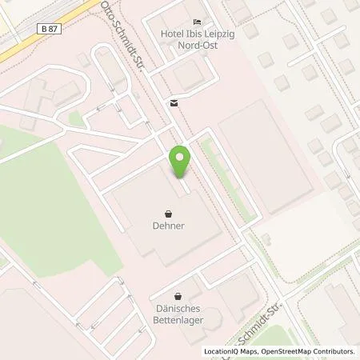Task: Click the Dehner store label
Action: (x=168, y=226)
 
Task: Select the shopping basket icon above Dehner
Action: (x=168, y=214)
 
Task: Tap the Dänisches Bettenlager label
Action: (x=178, y=313)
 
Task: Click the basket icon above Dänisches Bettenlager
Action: (x=178, y=295)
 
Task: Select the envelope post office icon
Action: (x=173, y=102)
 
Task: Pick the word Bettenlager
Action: (x=178, y=318)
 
